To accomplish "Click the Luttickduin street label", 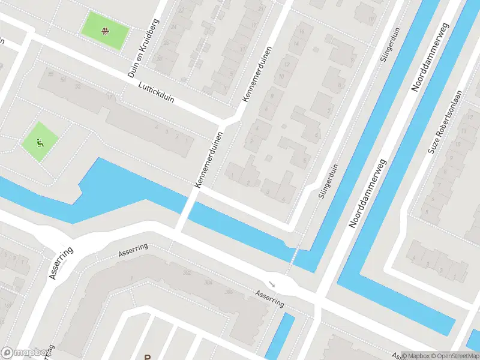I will point(156,92).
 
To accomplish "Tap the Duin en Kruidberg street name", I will point(143,48).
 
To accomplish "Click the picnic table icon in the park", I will point(106,31).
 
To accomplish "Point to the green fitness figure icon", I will point(40,142).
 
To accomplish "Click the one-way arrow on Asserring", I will point(272,284).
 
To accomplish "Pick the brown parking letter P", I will point(147,356).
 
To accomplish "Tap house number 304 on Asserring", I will point(208,282).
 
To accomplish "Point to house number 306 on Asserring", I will point(229,292).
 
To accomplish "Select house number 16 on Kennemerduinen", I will point(302,31).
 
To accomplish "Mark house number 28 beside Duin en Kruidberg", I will point(160,58).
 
